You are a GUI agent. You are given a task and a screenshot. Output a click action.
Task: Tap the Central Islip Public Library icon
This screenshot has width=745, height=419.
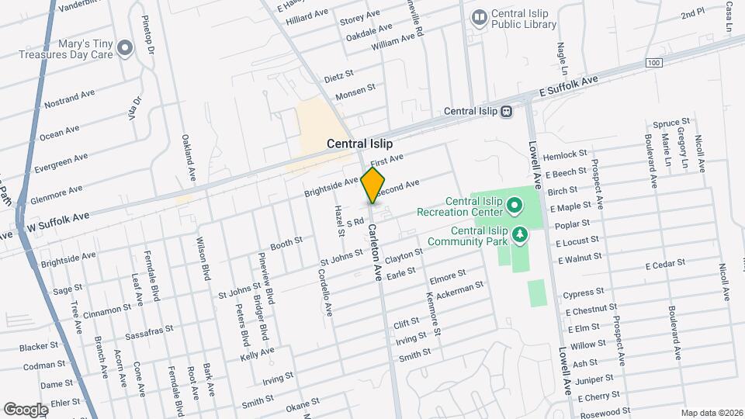[480, 16]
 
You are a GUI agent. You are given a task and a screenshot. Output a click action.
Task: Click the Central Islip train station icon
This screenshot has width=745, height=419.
[506, 111]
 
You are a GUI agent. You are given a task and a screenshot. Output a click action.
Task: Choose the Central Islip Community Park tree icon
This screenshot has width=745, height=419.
[520, 233]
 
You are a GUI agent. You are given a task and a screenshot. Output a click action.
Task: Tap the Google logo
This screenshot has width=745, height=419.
[26, 409]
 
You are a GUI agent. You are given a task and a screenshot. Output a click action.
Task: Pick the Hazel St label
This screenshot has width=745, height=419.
[338, 221]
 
